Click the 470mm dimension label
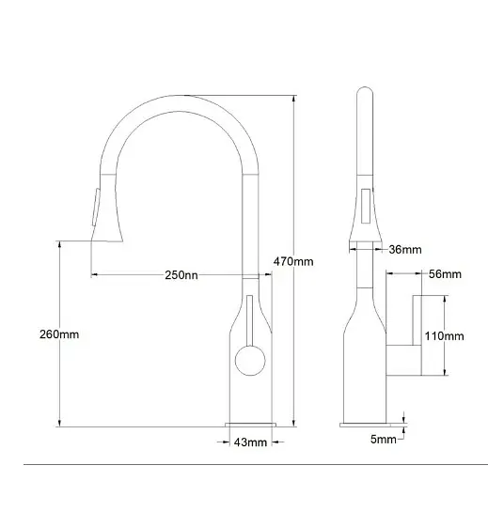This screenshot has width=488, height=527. click(x=293, y=261)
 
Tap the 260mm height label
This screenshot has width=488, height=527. click(x=59, y=334)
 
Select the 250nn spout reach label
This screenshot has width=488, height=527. click(x=181, y=275)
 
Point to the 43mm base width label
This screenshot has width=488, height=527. click(x=250, y=442)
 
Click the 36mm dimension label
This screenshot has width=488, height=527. click(x=405, y=249)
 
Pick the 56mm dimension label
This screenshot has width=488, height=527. click(x=445, y=274)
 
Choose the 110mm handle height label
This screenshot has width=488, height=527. click(x=445, y=336)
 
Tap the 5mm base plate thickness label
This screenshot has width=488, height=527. click(x=384, y=439)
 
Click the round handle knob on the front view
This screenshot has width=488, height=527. click(x=250, y=361)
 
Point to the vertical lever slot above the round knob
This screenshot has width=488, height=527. click(x=249, y=320)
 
